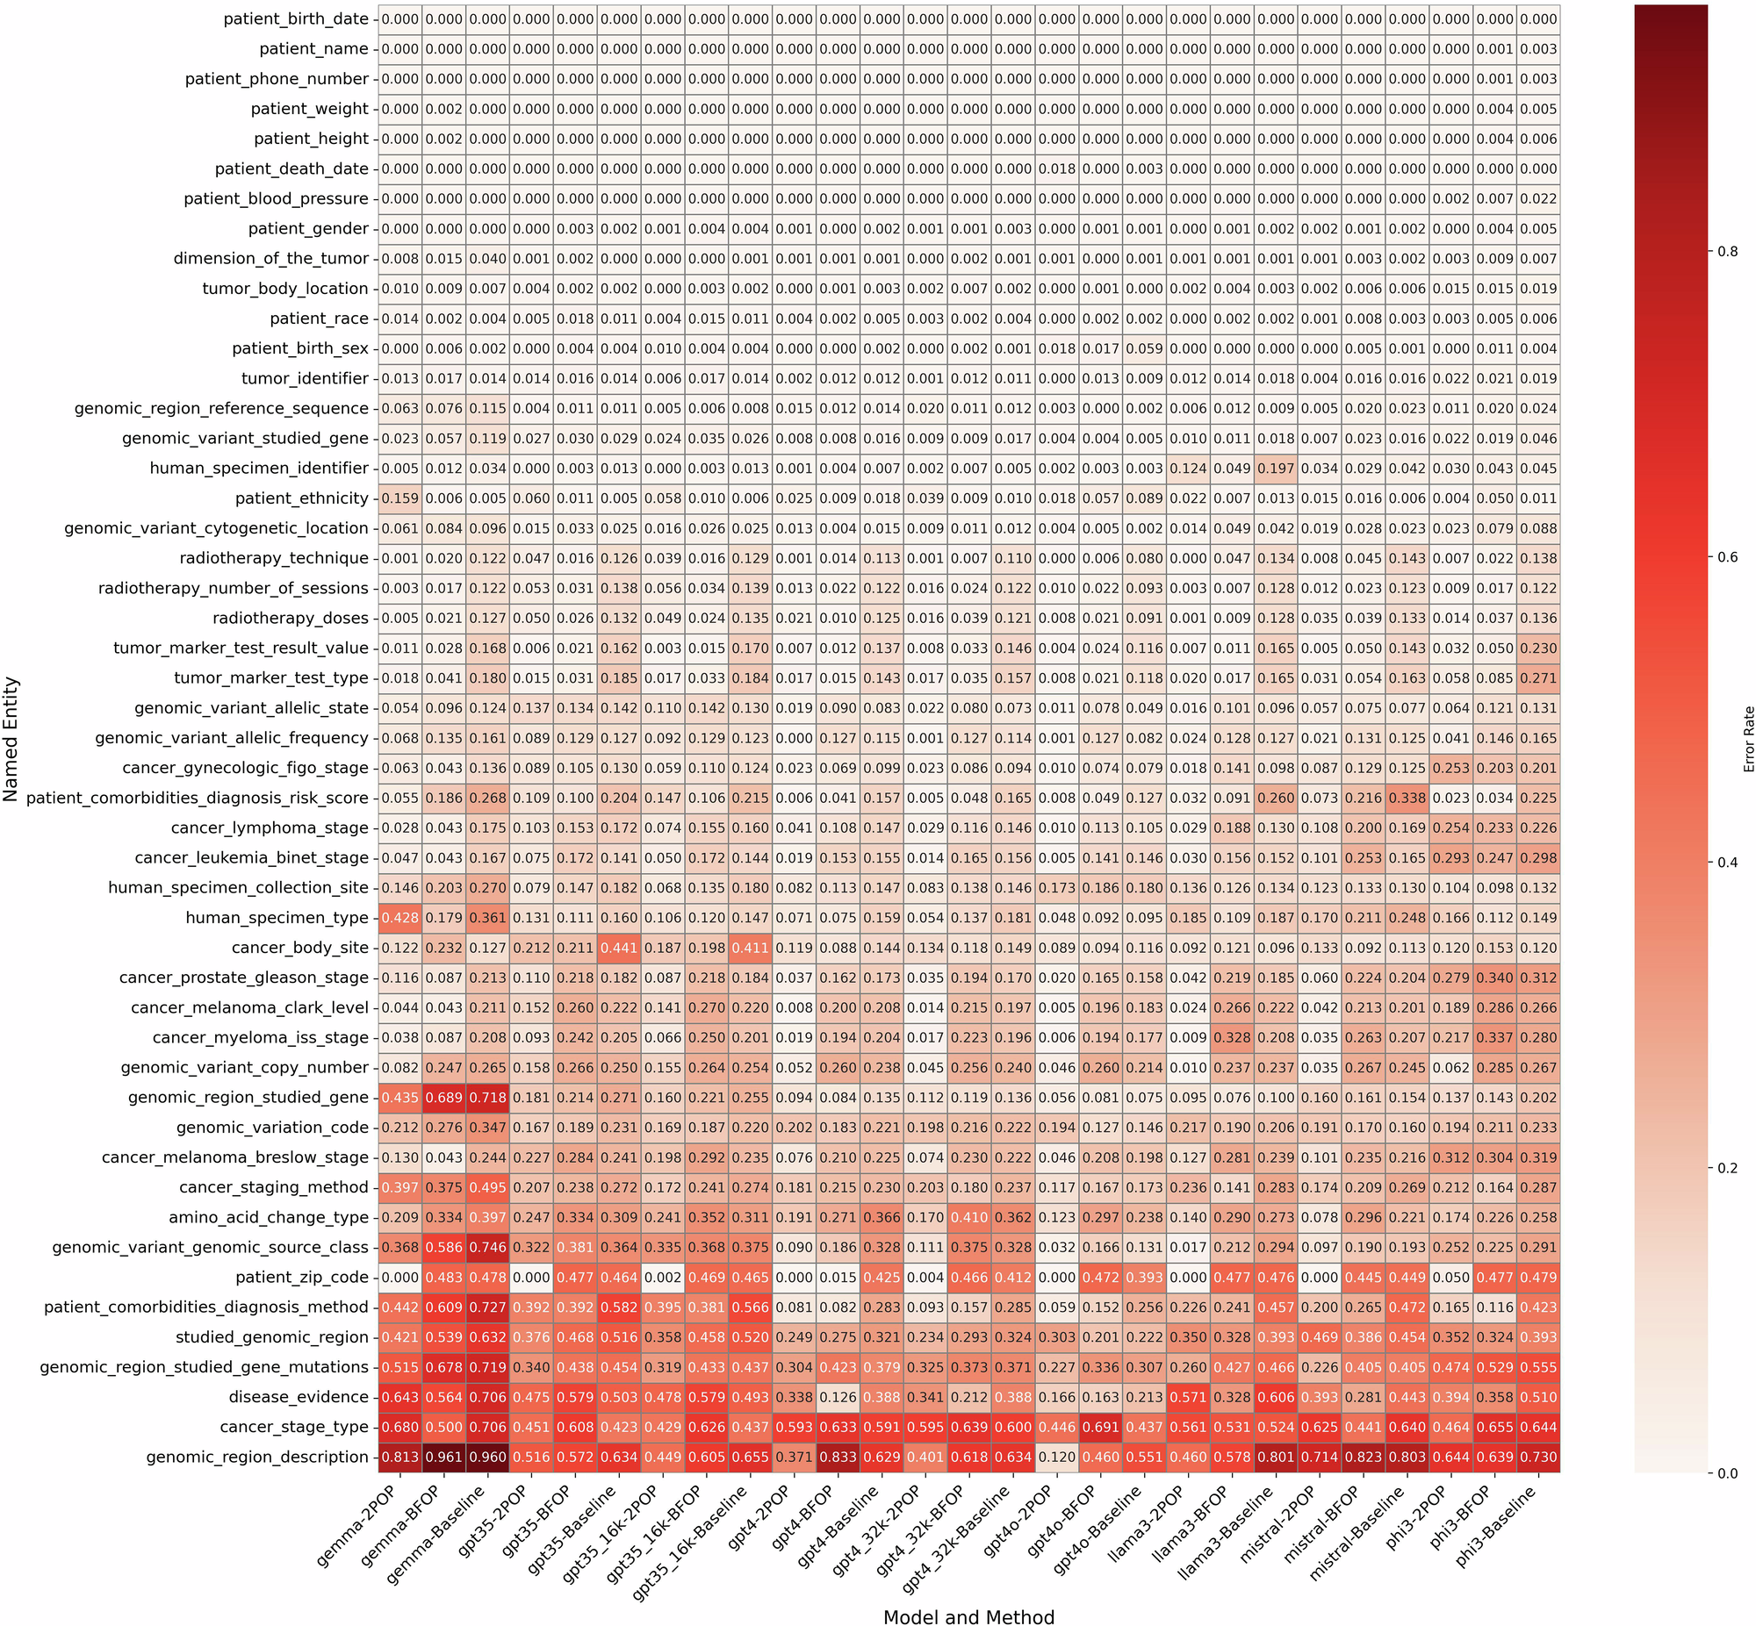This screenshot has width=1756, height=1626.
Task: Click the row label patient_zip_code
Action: pyautogui.click(x=302, y=1278)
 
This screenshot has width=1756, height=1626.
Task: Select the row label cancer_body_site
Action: pyautogui.click(x=300, y=949)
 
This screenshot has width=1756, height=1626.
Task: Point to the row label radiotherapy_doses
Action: pyautogui.click(x=291, y=619)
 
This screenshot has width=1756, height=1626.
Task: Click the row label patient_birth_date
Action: pyautogui.click(x=296, y=19)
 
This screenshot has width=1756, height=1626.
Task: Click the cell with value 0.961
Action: pyautogui.click(x=443, y=1457)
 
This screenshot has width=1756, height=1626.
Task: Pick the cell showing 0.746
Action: pyautogui.click(x=487, y=1248)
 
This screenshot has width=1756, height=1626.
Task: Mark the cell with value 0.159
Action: pyautogui.click(x=399, y=499)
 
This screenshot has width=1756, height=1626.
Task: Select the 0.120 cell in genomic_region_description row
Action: pyautogui.click(x=1057, y=1457)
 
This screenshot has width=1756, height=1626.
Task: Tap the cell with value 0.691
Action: pyautogui.click(x=1100, y=1427)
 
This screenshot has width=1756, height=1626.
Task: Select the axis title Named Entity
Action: pyautogui.click(x=11, y=739)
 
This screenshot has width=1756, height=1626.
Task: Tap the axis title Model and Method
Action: pyautogui.click(x=968, y=1615)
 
